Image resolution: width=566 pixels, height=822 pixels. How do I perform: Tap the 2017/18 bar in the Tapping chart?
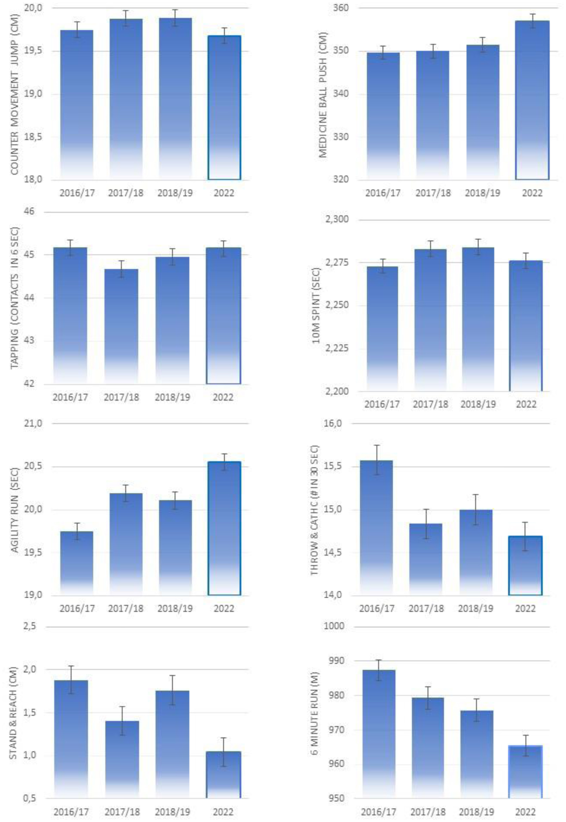click(x=121, y=326)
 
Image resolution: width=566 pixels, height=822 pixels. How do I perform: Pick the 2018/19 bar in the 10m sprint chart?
click(x=478, y=319)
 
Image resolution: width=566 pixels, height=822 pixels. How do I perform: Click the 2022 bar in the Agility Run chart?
click(x=224, y=528)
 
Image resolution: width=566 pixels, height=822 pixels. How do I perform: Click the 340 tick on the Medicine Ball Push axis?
click(x=341, y=94)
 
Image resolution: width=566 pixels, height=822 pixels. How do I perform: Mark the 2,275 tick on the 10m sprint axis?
click(x=337, y=263)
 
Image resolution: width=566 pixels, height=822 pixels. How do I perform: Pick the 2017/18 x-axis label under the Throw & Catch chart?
click(x=426, y=609)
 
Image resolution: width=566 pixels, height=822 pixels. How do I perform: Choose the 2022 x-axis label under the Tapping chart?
click(x=223, y=397)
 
